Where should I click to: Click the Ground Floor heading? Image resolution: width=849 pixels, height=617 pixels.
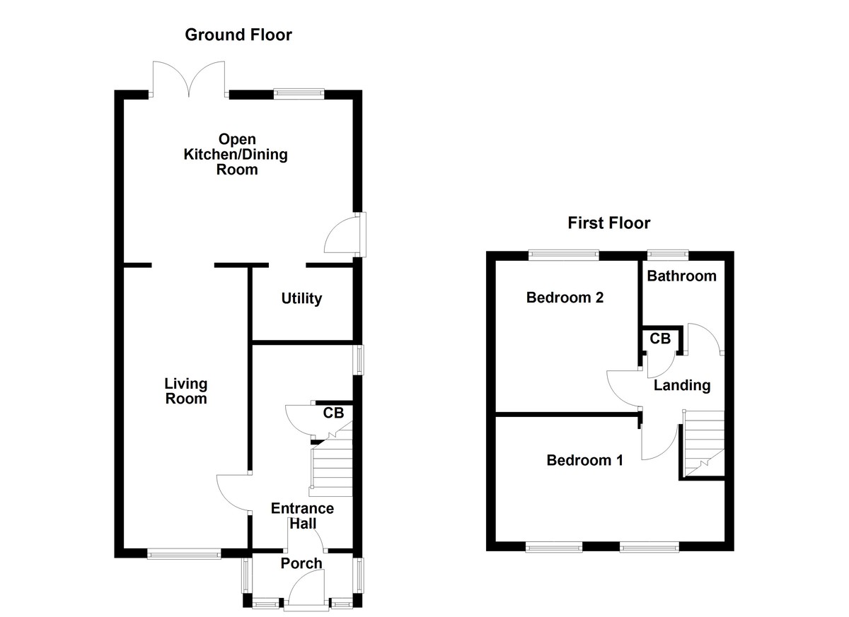coord(238,35)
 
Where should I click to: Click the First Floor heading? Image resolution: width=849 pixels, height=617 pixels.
coord(608,223)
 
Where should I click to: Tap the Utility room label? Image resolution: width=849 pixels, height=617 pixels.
coord(301,299)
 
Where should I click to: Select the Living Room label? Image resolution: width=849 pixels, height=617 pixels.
coord(186,391)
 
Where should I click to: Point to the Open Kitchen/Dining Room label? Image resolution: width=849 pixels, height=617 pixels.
coord(236,154)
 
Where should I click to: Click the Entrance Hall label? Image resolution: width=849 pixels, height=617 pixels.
coord(302,516)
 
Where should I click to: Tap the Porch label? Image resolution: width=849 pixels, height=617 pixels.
coord(301,563)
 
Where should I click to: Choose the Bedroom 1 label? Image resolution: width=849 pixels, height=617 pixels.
coord(584,461)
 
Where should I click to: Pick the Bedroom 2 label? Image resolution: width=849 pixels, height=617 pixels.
coord(565,298)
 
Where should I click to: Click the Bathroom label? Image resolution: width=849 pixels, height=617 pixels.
coord(681,276)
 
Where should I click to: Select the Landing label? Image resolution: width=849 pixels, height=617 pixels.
coord(681,385)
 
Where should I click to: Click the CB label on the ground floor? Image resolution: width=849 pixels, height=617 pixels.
coord(333,413)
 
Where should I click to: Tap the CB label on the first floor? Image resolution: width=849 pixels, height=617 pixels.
coord(659,339)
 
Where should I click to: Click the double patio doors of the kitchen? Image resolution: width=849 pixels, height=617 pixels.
coord(188,79)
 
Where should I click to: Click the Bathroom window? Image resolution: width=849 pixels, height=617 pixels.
coord(669,253)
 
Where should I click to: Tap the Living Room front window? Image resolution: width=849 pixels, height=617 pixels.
coord(184,555)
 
